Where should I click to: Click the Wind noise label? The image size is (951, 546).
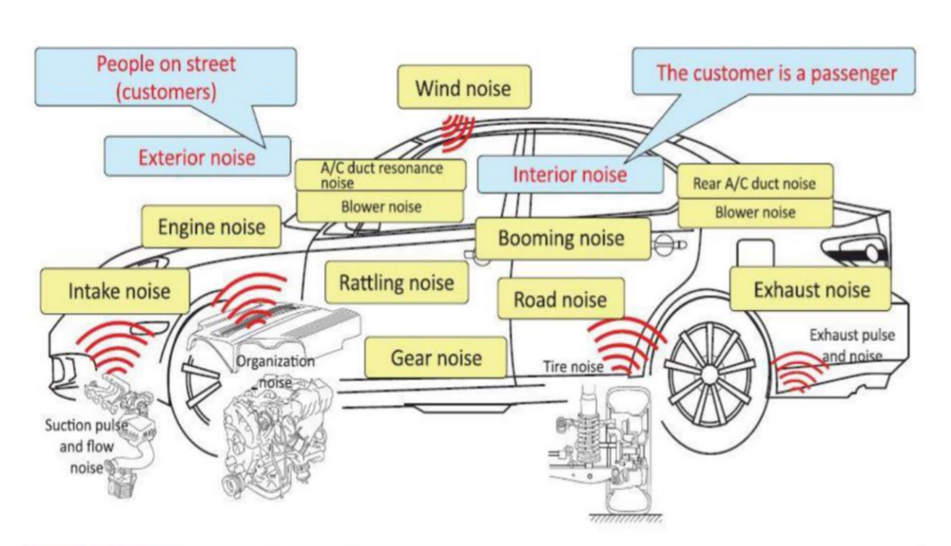tap(463, 88)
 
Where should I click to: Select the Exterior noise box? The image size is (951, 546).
tap(197, 156)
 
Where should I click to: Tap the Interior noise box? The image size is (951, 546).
tap(570, 174)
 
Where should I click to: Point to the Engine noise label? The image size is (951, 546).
tap(211, 228)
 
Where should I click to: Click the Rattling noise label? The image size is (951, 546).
tap(397, 283)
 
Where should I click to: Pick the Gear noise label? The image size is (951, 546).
tap(436, 359)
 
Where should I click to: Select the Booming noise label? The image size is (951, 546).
tap(561, 238)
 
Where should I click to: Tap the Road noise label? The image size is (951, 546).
tap(561, 300)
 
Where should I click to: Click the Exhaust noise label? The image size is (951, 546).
tap(810, 288)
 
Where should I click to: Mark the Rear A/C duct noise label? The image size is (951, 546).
tap(754, 184)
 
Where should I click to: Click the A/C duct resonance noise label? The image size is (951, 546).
tap(380, 174)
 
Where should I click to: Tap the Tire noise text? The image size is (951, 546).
tap(573, 366)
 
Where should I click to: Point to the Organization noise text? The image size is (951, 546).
tap(275, 371)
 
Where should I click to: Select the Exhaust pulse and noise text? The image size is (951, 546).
tap(851, 345)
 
